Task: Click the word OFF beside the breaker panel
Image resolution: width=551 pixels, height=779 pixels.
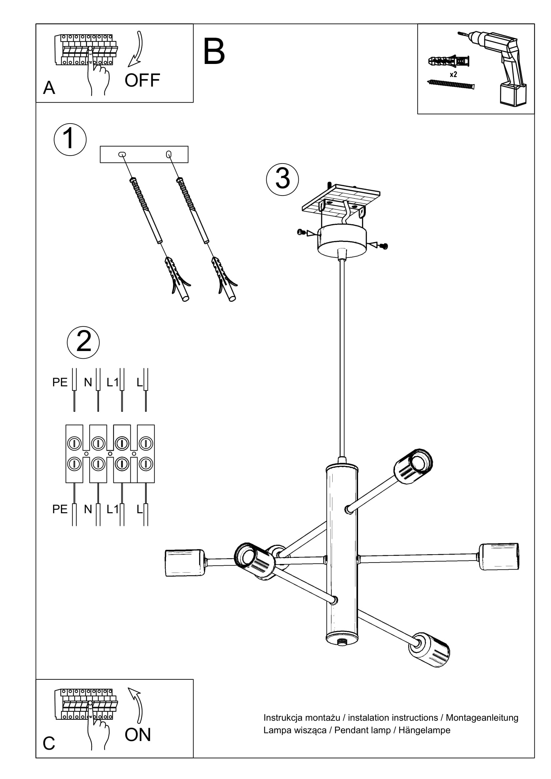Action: coord(142,80)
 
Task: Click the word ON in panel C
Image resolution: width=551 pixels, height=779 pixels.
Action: coord(137,735)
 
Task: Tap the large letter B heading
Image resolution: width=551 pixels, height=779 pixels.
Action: coord(214,52)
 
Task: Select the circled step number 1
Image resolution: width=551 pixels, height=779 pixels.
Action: coord(70,140)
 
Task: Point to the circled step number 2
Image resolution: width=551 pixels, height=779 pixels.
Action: coord(83,342)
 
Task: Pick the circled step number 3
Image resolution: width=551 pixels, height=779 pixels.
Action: coord(282,180)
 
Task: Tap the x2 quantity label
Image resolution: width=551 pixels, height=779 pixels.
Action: coord(453,74)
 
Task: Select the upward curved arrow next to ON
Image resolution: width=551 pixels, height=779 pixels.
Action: coord(136,705)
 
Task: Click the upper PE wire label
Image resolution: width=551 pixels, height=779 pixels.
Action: coord(60,382)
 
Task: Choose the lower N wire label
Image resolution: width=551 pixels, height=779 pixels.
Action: coord(88,509)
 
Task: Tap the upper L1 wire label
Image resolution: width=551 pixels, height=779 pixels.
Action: coord(112,382)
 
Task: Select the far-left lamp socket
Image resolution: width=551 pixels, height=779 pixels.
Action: coord(185,563)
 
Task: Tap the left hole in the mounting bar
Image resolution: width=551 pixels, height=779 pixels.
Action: coord(122,155)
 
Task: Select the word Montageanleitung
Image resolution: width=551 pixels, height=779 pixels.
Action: coord(482,718)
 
